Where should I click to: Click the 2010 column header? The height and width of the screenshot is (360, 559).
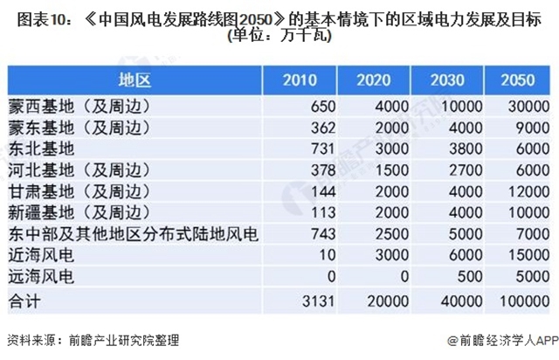(x=300, y=81)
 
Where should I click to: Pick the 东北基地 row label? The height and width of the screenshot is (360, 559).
(x=42, y=149)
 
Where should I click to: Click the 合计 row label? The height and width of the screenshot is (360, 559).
(x=24, y=301)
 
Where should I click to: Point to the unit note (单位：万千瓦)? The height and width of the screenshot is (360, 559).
(x=279, y=37)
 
